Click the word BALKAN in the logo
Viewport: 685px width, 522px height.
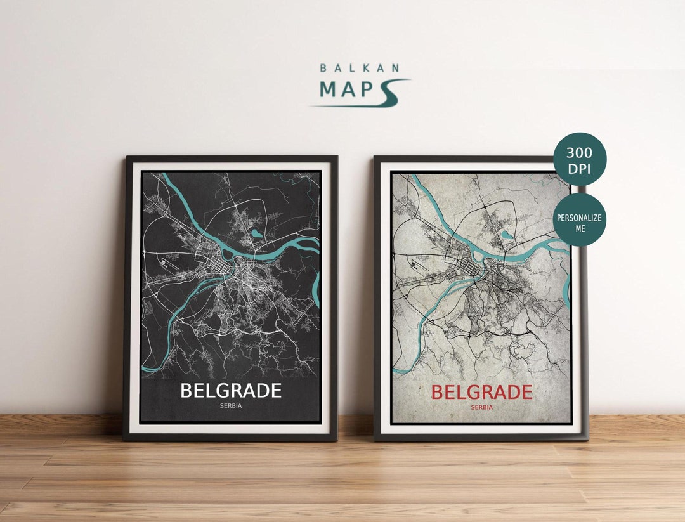[359, 67]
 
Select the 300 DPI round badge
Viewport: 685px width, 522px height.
[580, 159]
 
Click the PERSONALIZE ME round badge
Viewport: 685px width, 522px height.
[580, 219]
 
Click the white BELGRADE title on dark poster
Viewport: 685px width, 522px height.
[230, 391]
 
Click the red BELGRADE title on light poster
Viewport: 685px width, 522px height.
[481, 392]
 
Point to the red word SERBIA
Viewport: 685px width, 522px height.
[481, 408]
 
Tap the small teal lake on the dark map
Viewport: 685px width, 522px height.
[256, 233]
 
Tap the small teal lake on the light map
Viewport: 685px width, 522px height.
[507, 235]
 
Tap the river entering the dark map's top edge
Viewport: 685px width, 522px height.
[166, 176]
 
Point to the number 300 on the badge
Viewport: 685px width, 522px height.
[580, 152]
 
